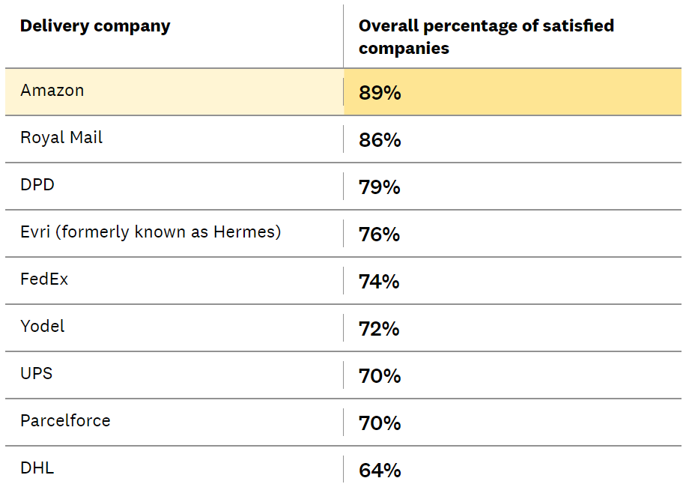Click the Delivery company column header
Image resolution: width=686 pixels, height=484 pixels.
pyautogui.click(x=95, y=26)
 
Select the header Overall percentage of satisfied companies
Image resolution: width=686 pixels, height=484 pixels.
pyautogui.click(x=486, y=37)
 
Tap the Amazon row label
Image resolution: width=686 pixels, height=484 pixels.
pyautogui.click(x=52, y=91)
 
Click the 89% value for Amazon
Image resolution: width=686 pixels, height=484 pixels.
pyautogui.click(x=380, y=93)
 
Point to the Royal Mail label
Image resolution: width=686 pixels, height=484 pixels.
pyautogui.click(x=61, y=138)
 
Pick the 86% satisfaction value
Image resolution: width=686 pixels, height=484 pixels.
pyautogui.click(x=380, y=140)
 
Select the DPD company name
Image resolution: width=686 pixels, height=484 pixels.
pyautogui.click(x=37, y=185)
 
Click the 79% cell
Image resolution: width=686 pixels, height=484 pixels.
pyautogui.click(x=380, y=187)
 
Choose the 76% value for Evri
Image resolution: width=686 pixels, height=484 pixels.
pyautogui.click(x=380, y=235)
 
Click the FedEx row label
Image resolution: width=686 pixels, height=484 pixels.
pyautogui.click(x=44, y=279)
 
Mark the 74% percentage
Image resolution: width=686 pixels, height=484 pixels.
pyautogui.click(x=380, y=282)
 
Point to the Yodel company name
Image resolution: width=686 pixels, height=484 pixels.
pyautogui.click(x=43, y=327)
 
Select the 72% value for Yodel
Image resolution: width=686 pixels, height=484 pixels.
pyautogui.click(x=380, y=329)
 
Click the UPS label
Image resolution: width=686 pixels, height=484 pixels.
pyautogui.click(x=37, y=373)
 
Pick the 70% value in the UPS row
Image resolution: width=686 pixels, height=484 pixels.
pyautogui.click(x=380, y=376)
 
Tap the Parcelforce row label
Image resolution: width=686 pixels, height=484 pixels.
pyautogui.click(x=65, y=421)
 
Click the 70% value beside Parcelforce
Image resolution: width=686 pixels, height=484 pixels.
pyautogui.click(x=380, y=423)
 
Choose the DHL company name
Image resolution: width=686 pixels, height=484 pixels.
pyautogui.click(x=37, y=468)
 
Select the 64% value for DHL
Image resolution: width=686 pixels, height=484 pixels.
pyautogui.click(x=380, y=471)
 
